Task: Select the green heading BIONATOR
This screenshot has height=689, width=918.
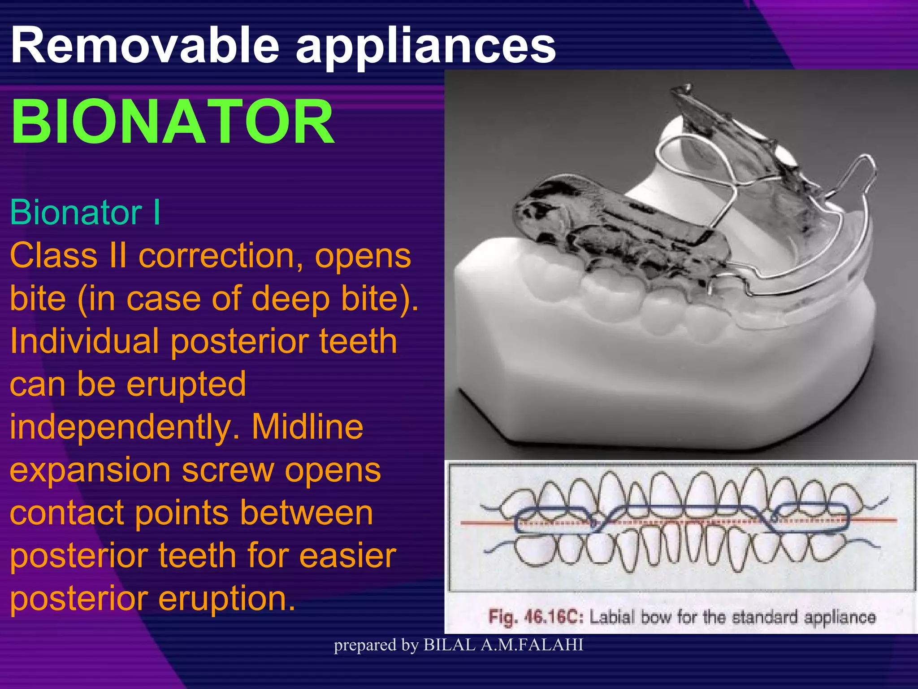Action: coord(173,122)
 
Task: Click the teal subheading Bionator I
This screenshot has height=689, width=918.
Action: coord(85,212)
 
